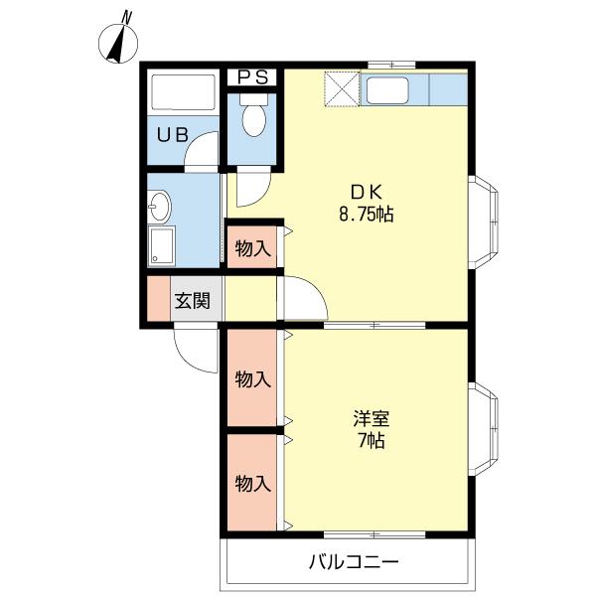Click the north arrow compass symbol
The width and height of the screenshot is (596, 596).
(x=122, y=41)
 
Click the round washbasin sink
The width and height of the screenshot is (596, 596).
(x=159, y=208)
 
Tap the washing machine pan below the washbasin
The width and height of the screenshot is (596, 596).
(x=160, y=244)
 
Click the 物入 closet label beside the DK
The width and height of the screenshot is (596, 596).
(x=253, y=248)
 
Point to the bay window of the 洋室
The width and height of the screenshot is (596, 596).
(x=486, y=428)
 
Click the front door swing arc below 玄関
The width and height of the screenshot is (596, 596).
(x=196, y=350)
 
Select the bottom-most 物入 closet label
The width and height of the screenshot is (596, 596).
(x=253, y=484)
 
